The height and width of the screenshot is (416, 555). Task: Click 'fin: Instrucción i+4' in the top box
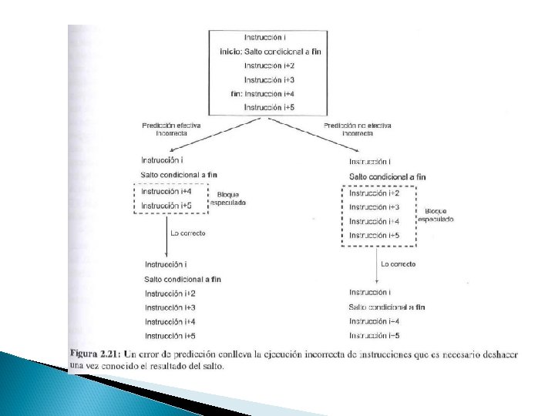coord(262,93)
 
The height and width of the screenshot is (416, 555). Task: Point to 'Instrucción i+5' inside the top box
coord(269,107)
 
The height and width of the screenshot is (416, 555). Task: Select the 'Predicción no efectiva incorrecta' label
coord(357,128)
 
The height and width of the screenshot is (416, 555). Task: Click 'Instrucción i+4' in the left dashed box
coord(166,191)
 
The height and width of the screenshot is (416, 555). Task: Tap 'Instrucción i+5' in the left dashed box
coord(166,206)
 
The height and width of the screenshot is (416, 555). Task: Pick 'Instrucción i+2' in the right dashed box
coord(375,193)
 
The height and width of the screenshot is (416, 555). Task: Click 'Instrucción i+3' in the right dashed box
coord(375,207)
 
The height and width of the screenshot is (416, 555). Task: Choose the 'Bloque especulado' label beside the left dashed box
coord(230,199)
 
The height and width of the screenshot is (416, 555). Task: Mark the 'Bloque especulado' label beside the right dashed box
coord(436,215)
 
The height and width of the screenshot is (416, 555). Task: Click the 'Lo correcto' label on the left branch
coord(187,233)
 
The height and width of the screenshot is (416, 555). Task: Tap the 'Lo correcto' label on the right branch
coord(398,264)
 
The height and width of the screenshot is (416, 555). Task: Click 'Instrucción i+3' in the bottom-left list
coord(170,307)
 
